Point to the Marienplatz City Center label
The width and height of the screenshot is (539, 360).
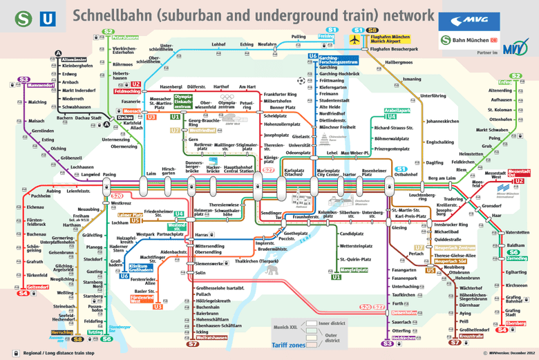pos(328,173)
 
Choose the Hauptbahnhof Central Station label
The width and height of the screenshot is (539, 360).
pos(239,169)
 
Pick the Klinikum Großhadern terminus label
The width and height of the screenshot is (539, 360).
pos(140,267)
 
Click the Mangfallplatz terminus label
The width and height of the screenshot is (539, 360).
pos(356,269)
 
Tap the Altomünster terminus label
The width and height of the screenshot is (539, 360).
pos(73,60)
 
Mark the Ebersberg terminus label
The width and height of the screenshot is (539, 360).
pos(516,323)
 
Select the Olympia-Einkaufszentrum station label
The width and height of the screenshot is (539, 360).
pos(182,102)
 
